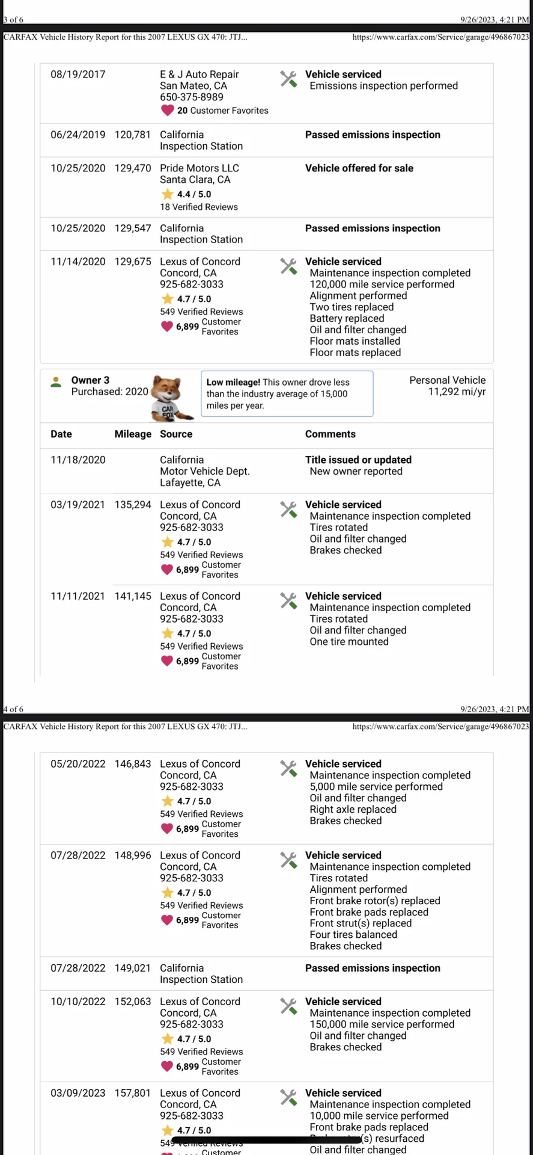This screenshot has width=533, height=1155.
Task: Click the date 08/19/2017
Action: [x=78, y=75]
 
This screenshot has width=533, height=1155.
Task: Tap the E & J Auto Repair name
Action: [x=199, y=75]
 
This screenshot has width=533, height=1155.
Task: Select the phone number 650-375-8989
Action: [x=191, y=97]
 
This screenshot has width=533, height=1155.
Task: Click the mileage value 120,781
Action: [x=132, y=135]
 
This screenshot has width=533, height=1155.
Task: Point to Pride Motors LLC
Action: [x=199, y=168]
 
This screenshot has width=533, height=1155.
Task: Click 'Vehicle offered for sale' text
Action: [x=359, y=168]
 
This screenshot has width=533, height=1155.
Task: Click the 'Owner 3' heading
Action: [x=90, y=380]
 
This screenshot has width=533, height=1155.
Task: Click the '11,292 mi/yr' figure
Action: [x=457, y=392]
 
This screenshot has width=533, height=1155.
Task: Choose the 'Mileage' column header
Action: [x=133, y=434]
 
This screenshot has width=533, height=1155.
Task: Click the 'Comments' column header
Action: [x=330, y=434]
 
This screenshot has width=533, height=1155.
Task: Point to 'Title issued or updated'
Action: [x=358, y=460]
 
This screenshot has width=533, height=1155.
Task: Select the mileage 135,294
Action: [x=133, y=505]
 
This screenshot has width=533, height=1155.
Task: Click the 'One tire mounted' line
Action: [x=349, y=642]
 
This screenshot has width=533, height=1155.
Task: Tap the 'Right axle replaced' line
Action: [x=353, y=810]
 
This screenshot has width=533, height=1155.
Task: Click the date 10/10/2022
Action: [x=78, y=1002]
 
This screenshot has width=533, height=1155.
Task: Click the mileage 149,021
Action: [x=133, y=968]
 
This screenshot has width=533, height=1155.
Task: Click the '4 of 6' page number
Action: [x=13, y=709]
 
